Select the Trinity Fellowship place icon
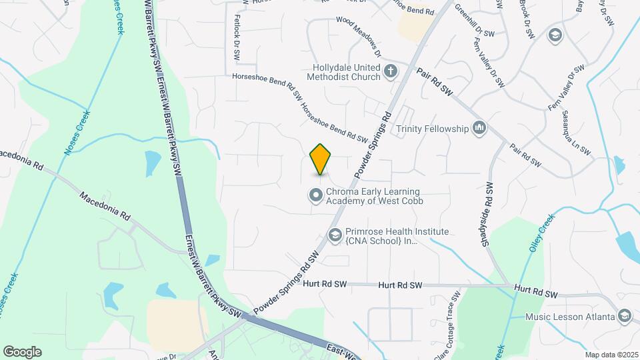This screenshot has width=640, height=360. click(479, 128)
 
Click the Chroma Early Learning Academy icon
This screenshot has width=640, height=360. click(315, 195)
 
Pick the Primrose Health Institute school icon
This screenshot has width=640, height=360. click(335, 235)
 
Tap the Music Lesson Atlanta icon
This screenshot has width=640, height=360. click(625, 315)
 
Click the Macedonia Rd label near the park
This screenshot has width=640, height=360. click(105, 207)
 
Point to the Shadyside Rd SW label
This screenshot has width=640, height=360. click(489, 213)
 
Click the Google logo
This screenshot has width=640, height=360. click(22, 351)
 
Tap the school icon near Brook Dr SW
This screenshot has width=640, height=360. click(554, 35)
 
